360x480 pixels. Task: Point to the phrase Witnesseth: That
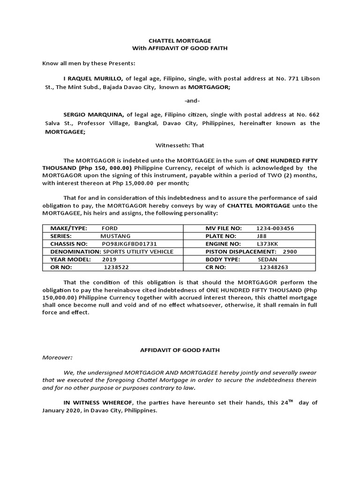click(x=180, y=145)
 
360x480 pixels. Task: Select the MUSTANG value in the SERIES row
click(x=116, y=236)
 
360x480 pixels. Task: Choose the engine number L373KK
click(x=265, y=244)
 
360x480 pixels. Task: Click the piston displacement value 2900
click(x=290, y=252)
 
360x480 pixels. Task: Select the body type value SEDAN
click(x=267, y=259)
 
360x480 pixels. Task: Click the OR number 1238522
click(x=116, y=267)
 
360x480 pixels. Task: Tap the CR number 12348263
click(x=274, y=267)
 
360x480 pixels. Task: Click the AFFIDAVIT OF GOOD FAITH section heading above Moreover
click(x=180, y=350)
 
